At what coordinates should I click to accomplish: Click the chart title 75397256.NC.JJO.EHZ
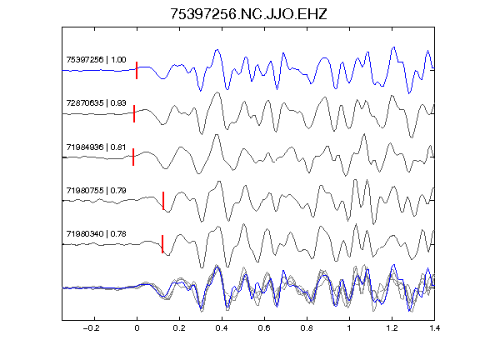(x=248, y=14)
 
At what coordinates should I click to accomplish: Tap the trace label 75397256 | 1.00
(x=96, y=59)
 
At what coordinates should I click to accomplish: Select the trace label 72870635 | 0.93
(x=96, y=102)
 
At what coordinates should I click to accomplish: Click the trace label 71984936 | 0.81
(x=96, y=147)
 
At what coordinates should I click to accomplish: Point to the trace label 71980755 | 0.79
(x=96, y=190)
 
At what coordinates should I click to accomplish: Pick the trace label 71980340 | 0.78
(x=96, y=234)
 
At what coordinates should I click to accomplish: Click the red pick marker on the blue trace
(x=137, y=70)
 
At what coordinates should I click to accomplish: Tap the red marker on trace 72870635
(x=134, y=113)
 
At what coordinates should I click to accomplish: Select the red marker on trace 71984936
(x=133, y=157)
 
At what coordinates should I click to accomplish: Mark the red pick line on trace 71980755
(x=163, y=201)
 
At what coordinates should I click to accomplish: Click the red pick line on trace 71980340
(x=162, y=244)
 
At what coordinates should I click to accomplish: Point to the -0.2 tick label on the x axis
(x=92, y=328)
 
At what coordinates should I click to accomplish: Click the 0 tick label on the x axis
(x=137, y=328)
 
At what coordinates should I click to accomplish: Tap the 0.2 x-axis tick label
(x=179, y=328)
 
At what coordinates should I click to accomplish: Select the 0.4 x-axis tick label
(x=222, y=328)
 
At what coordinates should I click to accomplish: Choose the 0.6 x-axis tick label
(x=264, y=328)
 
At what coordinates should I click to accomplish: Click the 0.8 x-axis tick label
(x=307, y=328)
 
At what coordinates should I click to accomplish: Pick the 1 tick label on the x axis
(x=349, y=328)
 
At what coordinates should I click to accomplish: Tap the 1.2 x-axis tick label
(x=392, y=328)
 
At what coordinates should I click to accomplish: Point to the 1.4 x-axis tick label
(x=434, y=328)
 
